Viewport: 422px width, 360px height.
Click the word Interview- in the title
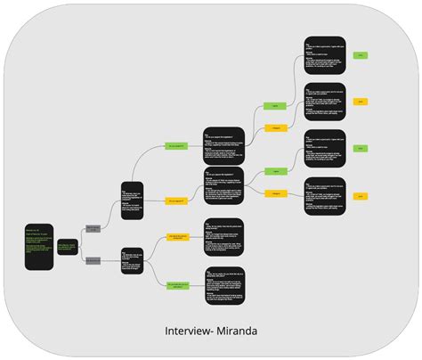pos(187,331)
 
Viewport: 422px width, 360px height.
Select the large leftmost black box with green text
pos(38,246)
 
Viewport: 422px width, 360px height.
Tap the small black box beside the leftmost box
pos(67,247)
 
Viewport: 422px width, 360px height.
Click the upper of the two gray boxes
pos(93,229)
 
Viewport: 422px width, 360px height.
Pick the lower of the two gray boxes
pos(93,260)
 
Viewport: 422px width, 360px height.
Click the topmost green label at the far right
pos(361,55)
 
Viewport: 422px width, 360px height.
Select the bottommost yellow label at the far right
pos(361,196)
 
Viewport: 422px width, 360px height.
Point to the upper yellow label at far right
pos(361,102)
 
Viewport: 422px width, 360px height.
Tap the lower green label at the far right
pos(361,149)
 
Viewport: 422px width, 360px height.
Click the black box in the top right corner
pos(324,55)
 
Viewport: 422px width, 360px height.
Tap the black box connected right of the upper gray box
pos(132,200)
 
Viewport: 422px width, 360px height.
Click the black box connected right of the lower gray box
pos(132,261)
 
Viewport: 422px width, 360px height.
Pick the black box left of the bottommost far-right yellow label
pos(324,198)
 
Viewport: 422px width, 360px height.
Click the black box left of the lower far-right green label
pos(324,149)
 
